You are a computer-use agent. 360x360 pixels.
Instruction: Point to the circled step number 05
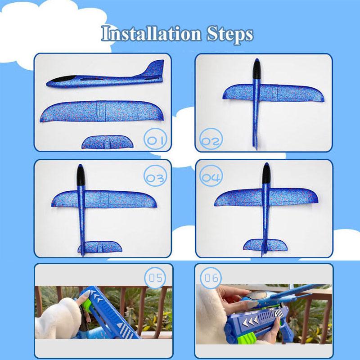point(155,278)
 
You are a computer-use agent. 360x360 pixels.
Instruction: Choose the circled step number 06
point(211,278)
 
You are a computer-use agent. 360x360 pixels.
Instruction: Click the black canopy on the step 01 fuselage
point(62,80)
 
